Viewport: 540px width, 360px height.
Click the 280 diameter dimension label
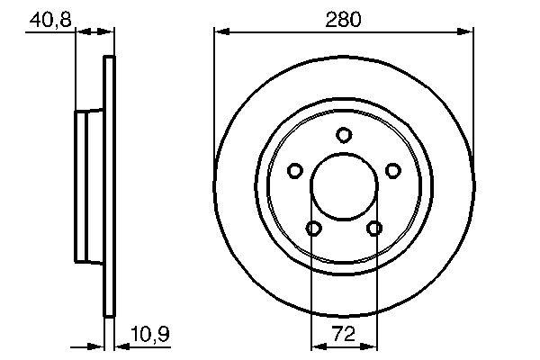click(344, 18)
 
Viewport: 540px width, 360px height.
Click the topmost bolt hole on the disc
click(343, 135)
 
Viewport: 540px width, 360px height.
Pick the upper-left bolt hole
click(294, 170)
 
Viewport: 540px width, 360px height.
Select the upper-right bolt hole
click(392, 170)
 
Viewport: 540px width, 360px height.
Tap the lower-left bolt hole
click(312, 229)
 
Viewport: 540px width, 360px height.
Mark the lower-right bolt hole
click(373, 229)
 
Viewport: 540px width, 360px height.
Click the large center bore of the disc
click(343, 187)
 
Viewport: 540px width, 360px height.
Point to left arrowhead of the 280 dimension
click(220, 32)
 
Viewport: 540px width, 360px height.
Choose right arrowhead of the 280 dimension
click(467, 32)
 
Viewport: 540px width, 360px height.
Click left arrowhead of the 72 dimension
click(315, 346)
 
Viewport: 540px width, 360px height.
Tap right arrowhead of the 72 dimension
click(370, 346)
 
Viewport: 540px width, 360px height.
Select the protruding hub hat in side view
click(89, 187)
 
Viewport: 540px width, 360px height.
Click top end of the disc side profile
click(111, 59)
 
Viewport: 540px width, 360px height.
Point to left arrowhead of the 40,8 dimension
click(80, 32)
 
